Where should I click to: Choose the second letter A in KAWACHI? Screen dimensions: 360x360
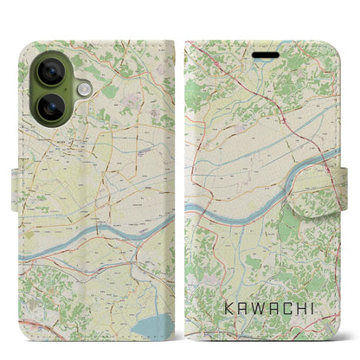[279, 307]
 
